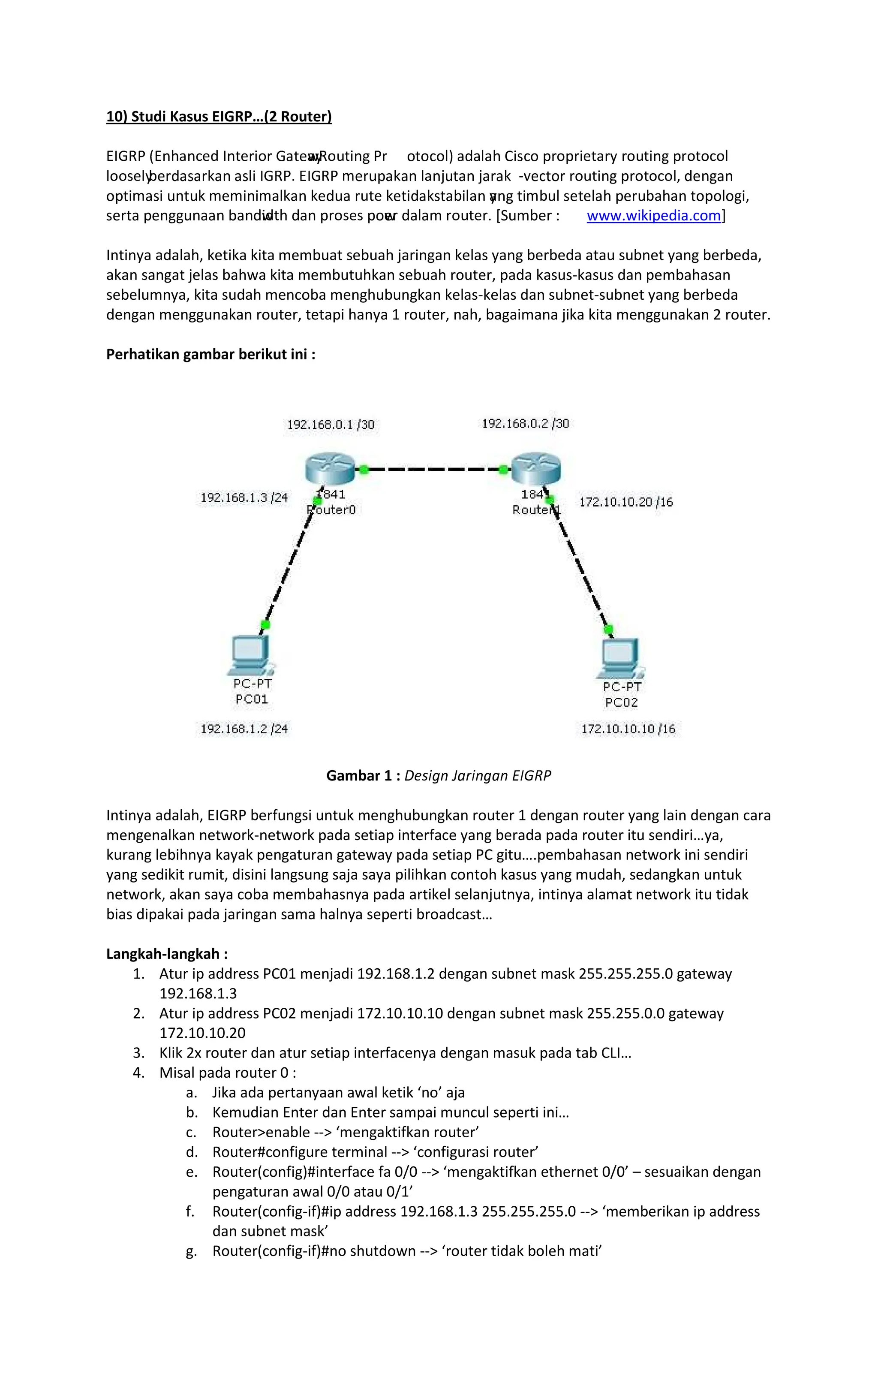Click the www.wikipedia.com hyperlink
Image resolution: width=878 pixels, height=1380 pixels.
tap(653, 216)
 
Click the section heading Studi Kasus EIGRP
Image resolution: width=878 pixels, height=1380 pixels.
tap(219, 117)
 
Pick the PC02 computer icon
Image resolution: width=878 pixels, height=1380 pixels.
tap(620, 659)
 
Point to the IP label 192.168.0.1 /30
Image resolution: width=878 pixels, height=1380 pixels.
tap(331, 425)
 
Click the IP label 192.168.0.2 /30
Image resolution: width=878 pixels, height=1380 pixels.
tap(525, 424)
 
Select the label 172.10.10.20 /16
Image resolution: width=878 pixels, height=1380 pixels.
tap(626, 502)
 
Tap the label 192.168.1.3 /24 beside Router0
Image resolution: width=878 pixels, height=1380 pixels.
tap(244, 497)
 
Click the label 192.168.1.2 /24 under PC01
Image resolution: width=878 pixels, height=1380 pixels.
tap(244, 729)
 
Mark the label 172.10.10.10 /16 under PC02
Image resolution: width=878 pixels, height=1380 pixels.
tap(628, 729)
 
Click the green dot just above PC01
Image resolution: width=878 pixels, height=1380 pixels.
tap(265, 625)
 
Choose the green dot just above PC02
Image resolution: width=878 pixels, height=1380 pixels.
tap(609, 629)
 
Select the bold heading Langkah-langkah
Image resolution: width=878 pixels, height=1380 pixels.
tap(167, 954)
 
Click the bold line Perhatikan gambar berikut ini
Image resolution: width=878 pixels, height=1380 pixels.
tap(210, 355)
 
